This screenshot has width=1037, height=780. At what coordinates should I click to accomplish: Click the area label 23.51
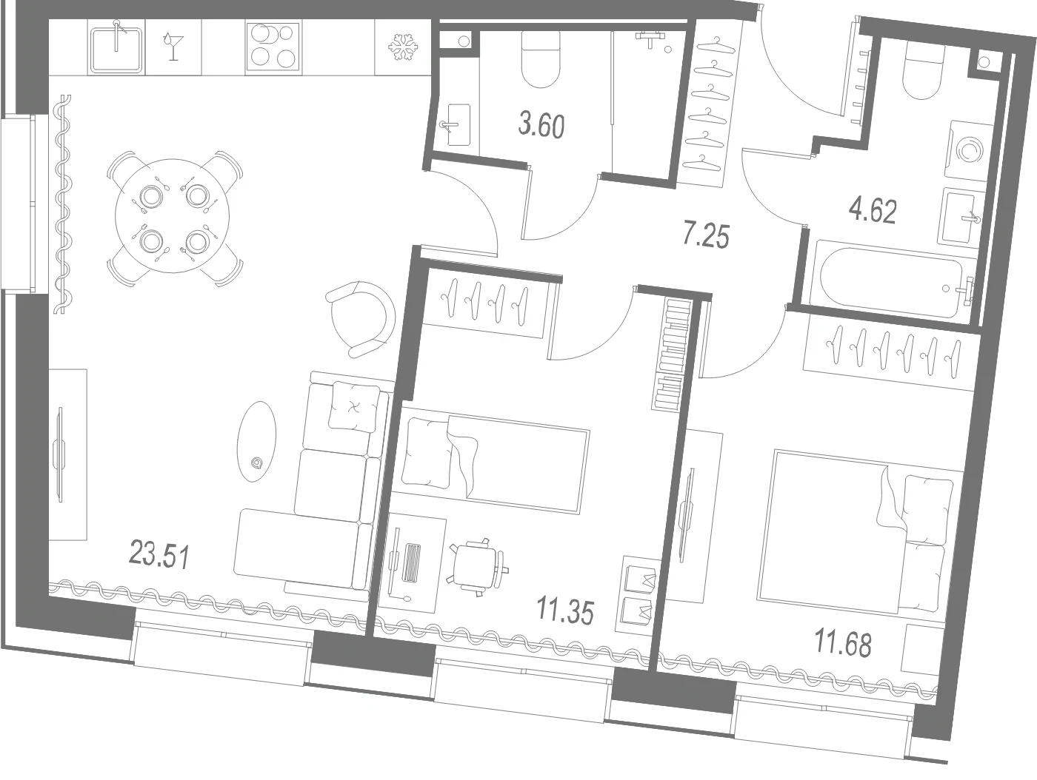pyautogui.click(x=159, y=555)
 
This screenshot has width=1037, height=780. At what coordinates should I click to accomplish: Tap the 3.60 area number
pyautogui.click(x=541, y=126)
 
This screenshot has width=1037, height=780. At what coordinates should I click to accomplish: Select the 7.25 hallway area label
pyautogui.click(x=707, y=236)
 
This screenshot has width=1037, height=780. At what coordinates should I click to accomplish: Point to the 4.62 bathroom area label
pyautogui.click(x=873, y=211)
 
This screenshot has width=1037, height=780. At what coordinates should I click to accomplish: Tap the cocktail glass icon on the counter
pyautogui.click(x=173, y=46)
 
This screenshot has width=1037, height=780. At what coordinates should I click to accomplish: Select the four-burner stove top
pyautogui.click(x=273, y=46)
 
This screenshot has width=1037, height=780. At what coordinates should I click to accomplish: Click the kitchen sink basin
pyautogui.click(x=116, y=49)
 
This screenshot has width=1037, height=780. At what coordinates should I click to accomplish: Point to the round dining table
pyautogui.click(x=173, y=215)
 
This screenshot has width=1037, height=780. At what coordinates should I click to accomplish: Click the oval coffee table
pyautogui.click(x=256, y=441)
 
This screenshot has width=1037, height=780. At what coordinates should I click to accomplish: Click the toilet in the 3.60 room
pyautogui.click(x=541, y=59)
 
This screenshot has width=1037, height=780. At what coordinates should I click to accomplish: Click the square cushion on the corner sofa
pyautogui.click(x=354, y=406)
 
